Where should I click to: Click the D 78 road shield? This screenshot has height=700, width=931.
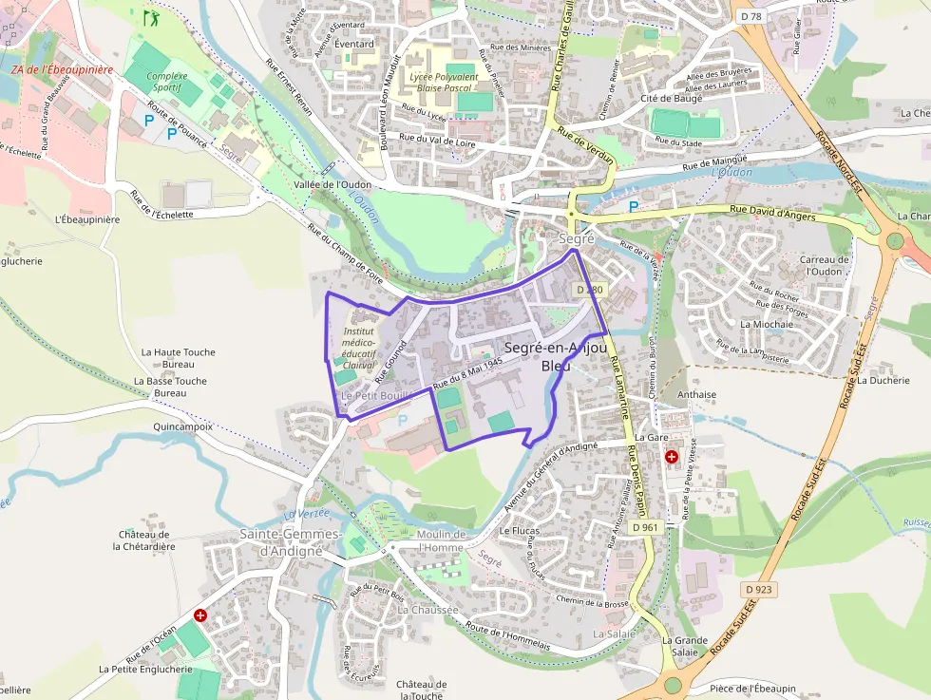pyautogui.click(x=750, y=16)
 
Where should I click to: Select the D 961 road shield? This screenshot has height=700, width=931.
pyautogui.click(x=643, y=527)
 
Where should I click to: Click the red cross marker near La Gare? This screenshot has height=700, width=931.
pyautogui.click(x=672, y=457)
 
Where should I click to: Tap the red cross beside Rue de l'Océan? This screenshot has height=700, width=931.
pyautogui.click(x=200, y=615)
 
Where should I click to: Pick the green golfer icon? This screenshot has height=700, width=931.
pyautogui.click(x=149, y=17)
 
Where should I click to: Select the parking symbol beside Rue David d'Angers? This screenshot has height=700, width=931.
pyautogui.click(x=633, y=206)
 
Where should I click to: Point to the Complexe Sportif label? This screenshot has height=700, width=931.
pyautogui.click(x=167, y=82)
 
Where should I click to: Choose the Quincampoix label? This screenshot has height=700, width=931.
pyautogui.click(x=182, y=427)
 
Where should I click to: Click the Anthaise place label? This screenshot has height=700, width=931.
pyautogui.click(x=696, y=394)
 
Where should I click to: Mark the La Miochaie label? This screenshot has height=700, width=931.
pyautogui.click(x=766, y=324)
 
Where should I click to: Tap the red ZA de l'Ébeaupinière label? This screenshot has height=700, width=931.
pyautogui.click(x=62, y=69)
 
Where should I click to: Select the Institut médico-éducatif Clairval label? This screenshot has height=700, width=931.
pyautogui.click(x=359, y=347)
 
